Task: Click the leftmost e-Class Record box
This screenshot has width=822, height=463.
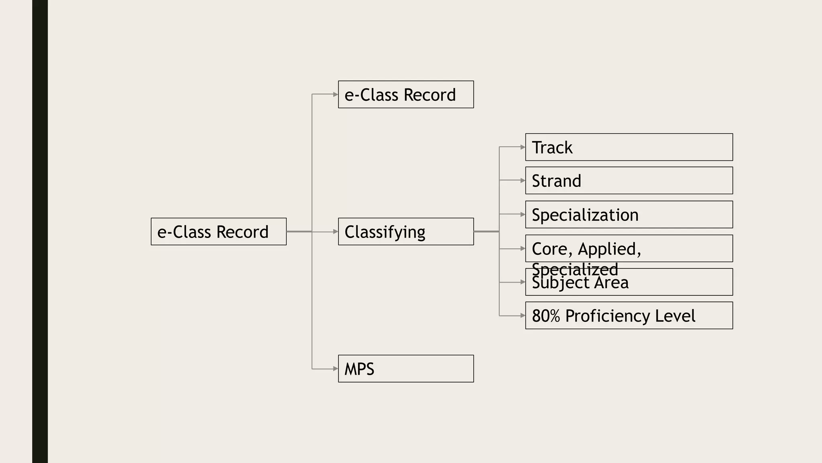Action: pyautogui.click(x=218, y=231)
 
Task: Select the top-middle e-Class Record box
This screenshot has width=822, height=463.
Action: pyautogui.click(x=405, y=94)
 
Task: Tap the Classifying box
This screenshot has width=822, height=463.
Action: pyautogui.click(x=405, y=231)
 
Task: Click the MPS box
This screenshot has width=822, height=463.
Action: pyautogui.click(x=405, y=369)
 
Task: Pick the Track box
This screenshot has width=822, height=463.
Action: pyautogui.click(x=629, y=147)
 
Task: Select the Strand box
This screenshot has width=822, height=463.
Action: pyautogui.click(x=629, y=180)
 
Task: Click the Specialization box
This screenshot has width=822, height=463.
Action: pyautogui.click(x=629, y=215)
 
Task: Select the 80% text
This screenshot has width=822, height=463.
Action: pyautogui.click(x=545, y=316)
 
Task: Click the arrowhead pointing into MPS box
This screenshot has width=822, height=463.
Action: pyautogui.click(x=336, y=369)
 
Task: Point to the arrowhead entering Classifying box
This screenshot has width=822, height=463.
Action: pyautogui.click(x=336, y=231)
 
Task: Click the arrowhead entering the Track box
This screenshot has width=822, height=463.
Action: pyautogui.click(x=523, y=147)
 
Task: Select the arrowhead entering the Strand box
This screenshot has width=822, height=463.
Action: pyautogui.click(x=523, y=180)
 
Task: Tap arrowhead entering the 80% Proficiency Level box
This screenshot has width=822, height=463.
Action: pyautogui.click(x=523, y=316)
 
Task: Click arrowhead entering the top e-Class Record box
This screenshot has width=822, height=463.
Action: pyautogui.click(x=336, y=94)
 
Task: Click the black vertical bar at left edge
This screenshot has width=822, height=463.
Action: pyautogui.click(x=40, y=231)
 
